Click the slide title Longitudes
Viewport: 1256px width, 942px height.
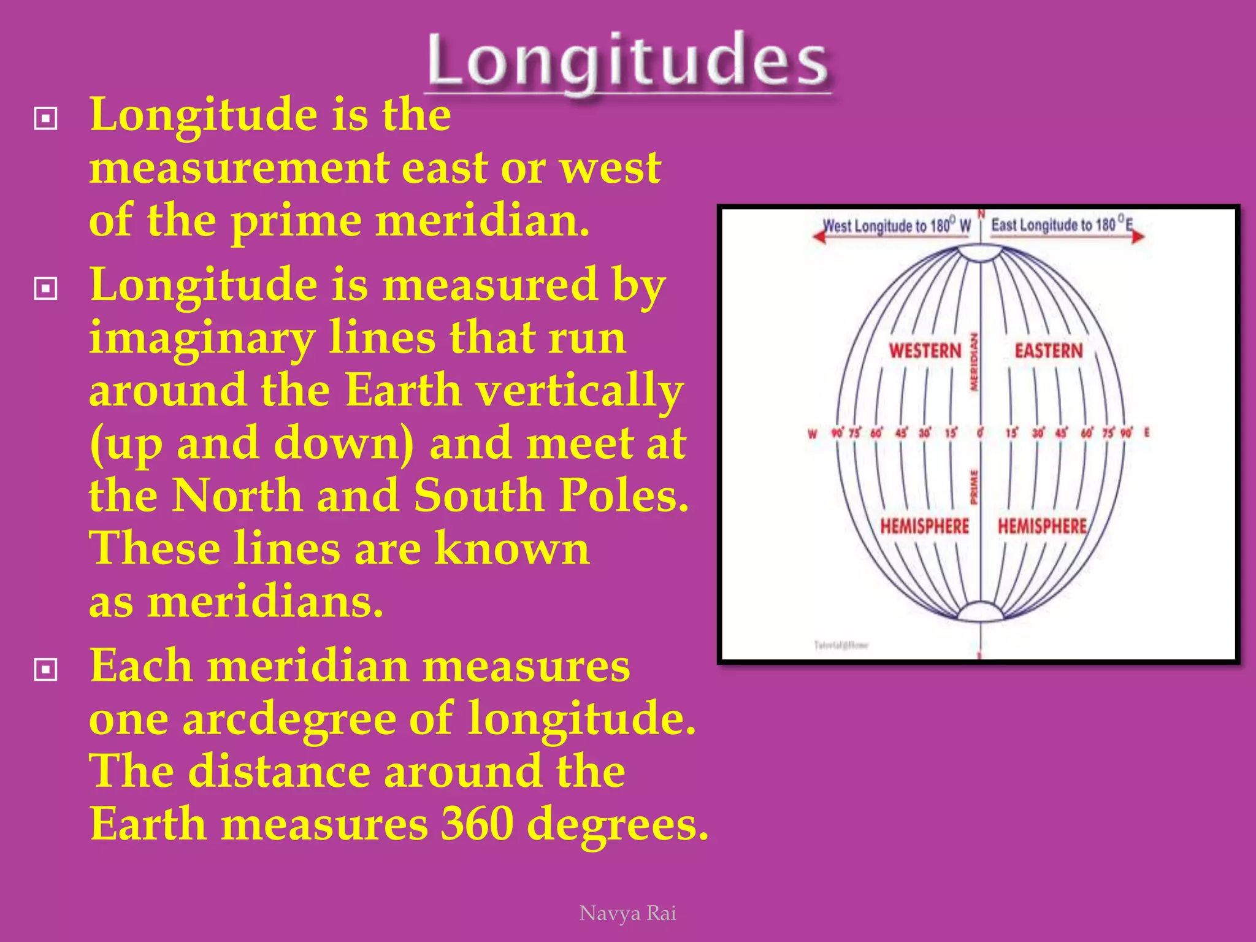tap(627, 61)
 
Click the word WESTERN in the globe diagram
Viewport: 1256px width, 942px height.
tap(925, 351)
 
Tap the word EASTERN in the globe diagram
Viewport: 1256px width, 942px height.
tap(1049, 351)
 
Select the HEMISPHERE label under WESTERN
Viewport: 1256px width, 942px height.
tap(924, 526)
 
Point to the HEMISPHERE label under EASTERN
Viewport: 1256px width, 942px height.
tap(1042, 526)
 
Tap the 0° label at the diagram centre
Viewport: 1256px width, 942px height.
tap(980, 433)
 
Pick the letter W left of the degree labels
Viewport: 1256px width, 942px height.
tap(813, 434)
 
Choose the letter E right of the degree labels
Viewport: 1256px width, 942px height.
tap(1146, 433)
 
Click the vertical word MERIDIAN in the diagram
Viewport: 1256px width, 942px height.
tap(973, 362)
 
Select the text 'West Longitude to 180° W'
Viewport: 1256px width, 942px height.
tap(897, 226)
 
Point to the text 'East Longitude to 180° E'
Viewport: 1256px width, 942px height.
tap(1062, 224)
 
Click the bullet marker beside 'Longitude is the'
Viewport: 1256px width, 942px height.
tap(46, 118)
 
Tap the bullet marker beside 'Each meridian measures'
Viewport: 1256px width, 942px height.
tap(46, 670)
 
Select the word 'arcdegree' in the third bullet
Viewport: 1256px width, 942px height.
tap(289, 719)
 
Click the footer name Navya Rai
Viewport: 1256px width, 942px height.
tap(627, 913)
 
